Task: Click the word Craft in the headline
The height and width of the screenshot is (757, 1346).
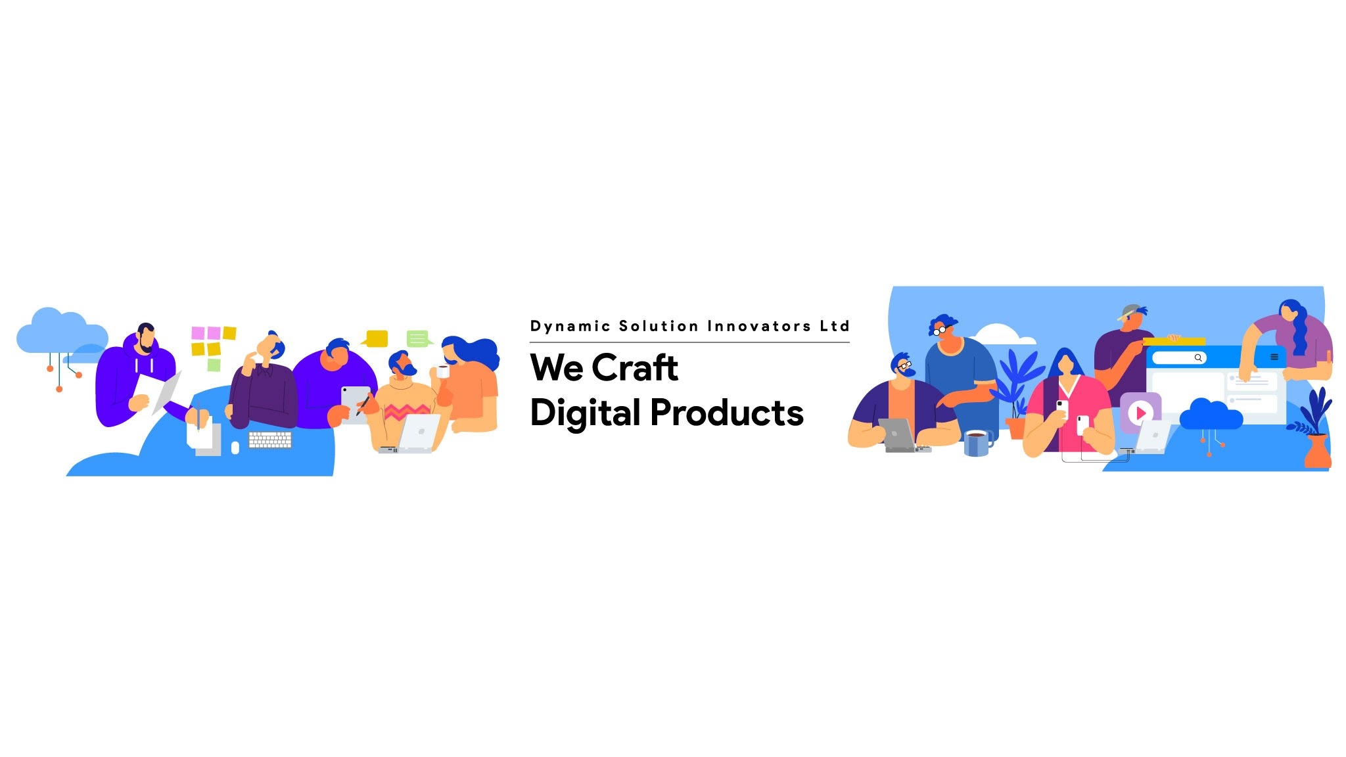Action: pos(635,367)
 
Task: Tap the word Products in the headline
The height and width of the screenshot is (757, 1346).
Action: pos(727,413)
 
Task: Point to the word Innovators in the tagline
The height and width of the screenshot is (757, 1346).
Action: pos(759,326)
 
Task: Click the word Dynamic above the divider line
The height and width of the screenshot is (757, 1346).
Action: pos(570,327)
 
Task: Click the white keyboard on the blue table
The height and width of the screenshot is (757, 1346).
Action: pos(270,440)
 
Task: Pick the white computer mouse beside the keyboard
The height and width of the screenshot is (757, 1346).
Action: pos(235,447)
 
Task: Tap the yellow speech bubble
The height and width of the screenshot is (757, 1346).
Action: pos(375,338)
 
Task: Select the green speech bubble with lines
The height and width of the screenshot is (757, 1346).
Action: pos(419,338)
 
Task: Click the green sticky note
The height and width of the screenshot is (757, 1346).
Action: pos(214,365)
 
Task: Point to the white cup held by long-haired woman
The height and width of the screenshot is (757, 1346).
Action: pos(442,371)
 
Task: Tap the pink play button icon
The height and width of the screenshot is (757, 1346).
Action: pos(1140,413)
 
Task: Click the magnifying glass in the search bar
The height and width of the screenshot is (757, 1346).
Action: pos(1198,358)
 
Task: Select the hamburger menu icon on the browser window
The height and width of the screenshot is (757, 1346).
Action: pos(1274,357)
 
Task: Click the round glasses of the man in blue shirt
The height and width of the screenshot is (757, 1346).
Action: pos(941,330)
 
